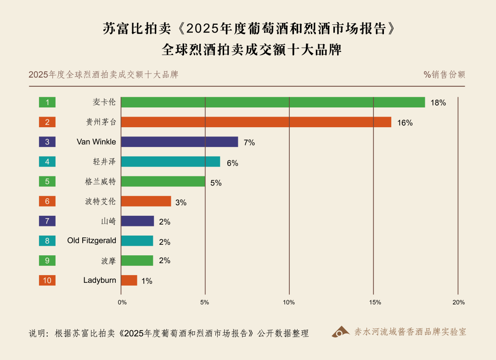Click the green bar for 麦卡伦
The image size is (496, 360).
(x=273, y=102)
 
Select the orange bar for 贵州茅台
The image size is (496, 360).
(x=256, y=122)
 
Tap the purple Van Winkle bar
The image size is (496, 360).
(x=180, y=142)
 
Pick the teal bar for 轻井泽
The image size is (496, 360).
(x=170, y=162)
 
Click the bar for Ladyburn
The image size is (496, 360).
(x=129, y=280)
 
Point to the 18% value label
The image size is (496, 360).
(x=438, y=103)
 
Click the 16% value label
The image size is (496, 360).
(x=405, y=123)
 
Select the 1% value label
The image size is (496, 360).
(x=147, y=281)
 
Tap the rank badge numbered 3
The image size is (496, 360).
(x=47, y=142)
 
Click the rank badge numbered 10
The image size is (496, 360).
(x=47, y=280)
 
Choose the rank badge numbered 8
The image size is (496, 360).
(x=47, y=241)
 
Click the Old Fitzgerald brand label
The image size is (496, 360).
(x=91, y=241)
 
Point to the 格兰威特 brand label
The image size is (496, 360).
(x=97, y=181)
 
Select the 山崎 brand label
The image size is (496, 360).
(x=108, y=221)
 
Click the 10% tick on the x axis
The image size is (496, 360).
(x=289, y=302)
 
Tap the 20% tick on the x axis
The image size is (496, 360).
(x=458, y=302)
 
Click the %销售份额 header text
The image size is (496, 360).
(x=444, y=75)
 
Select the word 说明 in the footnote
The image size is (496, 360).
(x=37, y=333)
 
